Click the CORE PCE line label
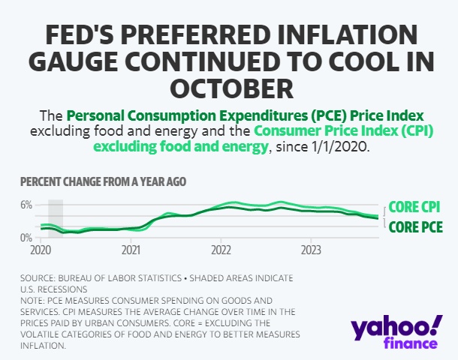414,226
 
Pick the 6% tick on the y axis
26,205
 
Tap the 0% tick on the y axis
26,238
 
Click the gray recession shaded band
56,218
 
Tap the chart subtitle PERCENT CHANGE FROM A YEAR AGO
103,182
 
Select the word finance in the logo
414,343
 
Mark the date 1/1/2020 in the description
341,147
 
